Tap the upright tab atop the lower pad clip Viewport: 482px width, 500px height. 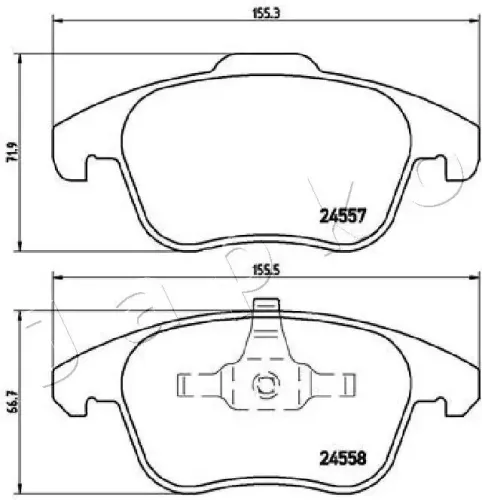pos(265,325)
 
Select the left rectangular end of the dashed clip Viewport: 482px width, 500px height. pos(187,383)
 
